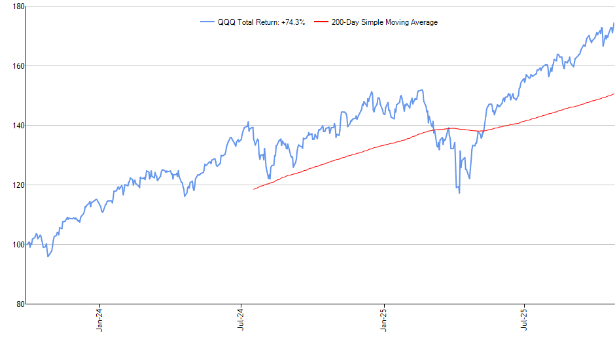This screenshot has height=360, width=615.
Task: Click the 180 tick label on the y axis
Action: pyautogui.click(x=18, y=7)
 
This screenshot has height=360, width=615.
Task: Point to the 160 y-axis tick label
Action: pyautogui.click(x=18, y=66)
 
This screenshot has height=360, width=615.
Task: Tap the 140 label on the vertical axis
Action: pyautogui.click(x=18, y=125)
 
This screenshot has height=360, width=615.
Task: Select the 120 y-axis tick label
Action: pyautogui.click(x=18, y=185)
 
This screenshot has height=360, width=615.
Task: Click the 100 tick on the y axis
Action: pyautogui.click(x=18, y=244)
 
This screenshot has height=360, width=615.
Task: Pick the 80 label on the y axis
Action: pyautogui.click(x=20, y=304)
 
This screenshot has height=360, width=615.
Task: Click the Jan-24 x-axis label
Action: pyautogui.click(x=99, y=319)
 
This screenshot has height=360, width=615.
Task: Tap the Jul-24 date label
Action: pyautogui.click(x=241, y=319)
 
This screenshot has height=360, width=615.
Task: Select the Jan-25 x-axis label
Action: pyautogui.click(x=383, y=319)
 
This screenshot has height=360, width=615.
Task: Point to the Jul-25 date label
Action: pyautogui.click(x=525, y=319)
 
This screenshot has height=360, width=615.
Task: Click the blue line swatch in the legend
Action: pyautogui.click(x=207, y=22)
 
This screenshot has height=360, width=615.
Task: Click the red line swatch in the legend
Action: pyautogui.click(x=322, y=22)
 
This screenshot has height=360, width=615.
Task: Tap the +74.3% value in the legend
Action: pyautogui.click(x=292, y=22)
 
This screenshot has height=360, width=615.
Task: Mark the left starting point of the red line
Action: pyautogui.click(x=254, y=189)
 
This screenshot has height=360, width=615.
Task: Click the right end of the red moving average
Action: pyautogui.click(x=614, y=94)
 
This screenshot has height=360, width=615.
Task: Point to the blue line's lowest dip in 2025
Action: pyautogui.click(x=459, y=192)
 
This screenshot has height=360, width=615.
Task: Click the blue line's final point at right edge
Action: pyautogui.click(x=614, y=24)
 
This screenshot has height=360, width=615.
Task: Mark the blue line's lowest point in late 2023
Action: pyautogui.click(x=48, y=257)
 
